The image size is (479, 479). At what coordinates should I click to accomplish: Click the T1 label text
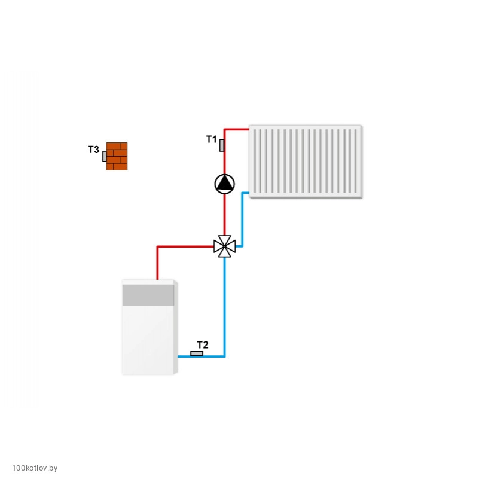[x=212, y=139]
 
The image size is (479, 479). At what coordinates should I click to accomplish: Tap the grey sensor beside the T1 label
[x=222, y=145]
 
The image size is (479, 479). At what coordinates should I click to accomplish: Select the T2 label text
[x=202, y=345]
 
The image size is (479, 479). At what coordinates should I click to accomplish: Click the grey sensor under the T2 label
[x=196, y=353]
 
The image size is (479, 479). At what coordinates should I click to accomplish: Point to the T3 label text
[x=93, y=150]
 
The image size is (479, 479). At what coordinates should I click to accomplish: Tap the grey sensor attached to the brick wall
[x=105, y=156]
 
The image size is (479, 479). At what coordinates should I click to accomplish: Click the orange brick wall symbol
[x=117, y=156]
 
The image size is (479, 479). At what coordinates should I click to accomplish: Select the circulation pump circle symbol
[x=224, y=184]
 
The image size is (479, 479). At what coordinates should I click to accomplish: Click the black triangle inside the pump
[x=224, y=182]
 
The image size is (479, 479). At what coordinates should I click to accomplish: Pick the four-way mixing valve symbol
[x=224, y=246]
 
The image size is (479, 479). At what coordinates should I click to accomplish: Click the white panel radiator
[x=306, y=161]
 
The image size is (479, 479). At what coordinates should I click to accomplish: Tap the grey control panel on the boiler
[x=148, y=295]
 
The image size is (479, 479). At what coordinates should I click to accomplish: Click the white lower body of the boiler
[x=148, y=340]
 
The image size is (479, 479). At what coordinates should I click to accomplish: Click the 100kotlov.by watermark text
[x=35, y=468]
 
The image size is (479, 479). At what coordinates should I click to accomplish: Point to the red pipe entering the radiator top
[x=237, y=129]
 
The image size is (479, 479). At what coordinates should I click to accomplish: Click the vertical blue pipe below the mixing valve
[x=224, y=306]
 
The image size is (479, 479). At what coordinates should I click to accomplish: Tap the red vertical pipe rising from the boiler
[x=158, y=263]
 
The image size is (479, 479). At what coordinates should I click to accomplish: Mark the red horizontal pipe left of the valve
[x=185, y=246]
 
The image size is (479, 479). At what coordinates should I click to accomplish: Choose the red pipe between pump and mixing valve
[x=224, y=215]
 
